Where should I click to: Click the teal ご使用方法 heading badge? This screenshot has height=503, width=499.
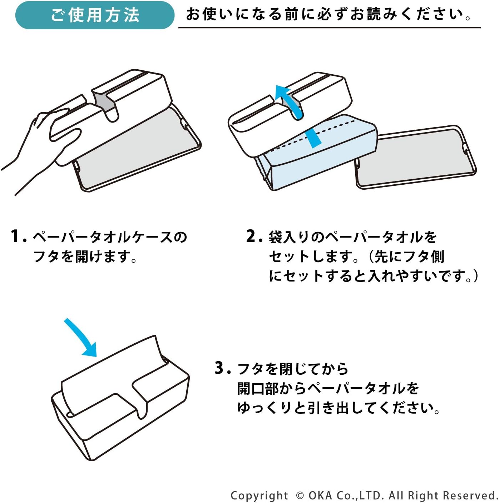95,15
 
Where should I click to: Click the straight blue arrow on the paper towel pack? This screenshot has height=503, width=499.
313,138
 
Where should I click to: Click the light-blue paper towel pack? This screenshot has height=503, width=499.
322,157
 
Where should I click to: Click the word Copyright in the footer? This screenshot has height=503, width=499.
259,495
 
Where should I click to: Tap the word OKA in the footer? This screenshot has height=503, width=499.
320,495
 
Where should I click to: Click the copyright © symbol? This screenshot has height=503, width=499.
300,495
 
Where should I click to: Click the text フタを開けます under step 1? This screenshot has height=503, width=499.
85,257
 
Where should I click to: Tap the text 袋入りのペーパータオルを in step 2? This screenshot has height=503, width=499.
352,237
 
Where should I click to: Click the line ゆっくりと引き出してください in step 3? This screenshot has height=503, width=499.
338,408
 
